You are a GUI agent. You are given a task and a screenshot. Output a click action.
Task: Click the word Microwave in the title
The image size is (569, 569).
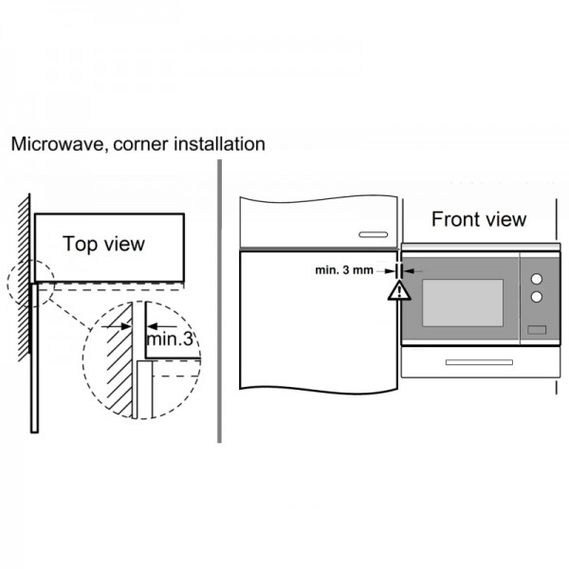pos(57,144)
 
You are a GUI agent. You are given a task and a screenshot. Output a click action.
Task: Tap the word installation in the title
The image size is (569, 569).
pos(220,144)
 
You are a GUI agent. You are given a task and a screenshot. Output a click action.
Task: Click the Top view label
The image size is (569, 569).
pos(103,244)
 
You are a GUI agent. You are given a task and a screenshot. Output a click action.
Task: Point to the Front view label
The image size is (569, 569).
pos(479,219)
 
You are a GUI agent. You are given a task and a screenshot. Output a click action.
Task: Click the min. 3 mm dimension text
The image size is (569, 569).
pos(344,270)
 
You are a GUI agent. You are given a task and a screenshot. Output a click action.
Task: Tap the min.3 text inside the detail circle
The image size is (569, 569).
pos(170,339)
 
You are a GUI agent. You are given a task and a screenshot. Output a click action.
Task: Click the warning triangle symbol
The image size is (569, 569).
pos(399,291)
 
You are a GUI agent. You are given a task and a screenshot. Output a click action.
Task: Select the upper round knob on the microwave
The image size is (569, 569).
pos(537,279)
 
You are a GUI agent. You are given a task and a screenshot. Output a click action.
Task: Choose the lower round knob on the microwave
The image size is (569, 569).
pos(537,297)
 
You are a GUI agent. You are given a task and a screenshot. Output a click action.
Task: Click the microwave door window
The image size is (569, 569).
pos(463,303)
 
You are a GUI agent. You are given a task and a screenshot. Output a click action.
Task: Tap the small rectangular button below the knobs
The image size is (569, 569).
pos(537,330)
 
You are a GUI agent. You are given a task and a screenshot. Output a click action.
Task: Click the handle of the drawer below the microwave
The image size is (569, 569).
pos(479,362)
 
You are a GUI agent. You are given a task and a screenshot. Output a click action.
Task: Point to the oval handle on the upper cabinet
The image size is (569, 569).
pos(373,235)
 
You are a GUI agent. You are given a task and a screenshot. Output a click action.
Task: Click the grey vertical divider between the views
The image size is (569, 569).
pos(219,302)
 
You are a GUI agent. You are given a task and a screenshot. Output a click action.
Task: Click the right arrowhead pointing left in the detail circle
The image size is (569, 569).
pos(152,326)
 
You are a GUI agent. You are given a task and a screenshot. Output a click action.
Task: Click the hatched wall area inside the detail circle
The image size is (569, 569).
pos(119,363)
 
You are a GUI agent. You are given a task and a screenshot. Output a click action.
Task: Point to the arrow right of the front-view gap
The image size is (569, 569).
pos(413,270)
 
